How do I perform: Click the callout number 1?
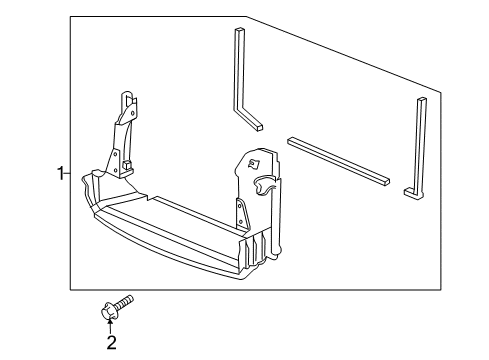click(59, 173)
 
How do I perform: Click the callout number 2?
click(111, 343)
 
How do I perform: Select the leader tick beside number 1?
click(67, 173)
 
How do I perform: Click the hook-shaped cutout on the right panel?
click(265, 185)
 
